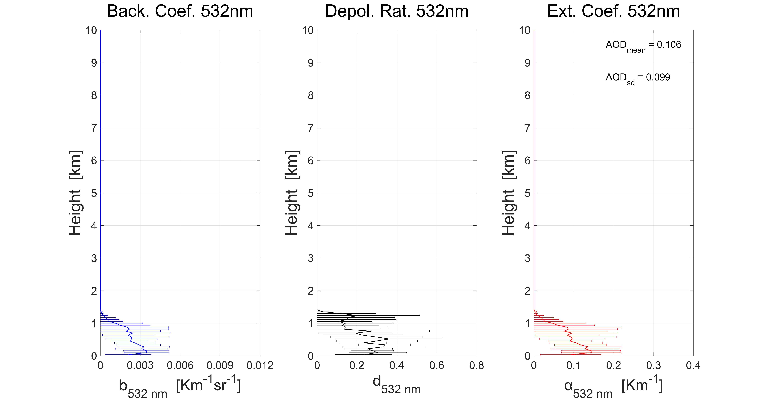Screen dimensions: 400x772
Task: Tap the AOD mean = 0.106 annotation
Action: pos(643,46)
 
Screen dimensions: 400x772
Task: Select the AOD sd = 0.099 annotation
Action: pos(638,78)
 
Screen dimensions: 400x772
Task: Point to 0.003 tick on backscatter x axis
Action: pos(140,365)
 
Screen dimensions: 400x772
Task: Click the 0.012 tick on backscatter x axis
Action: pos(260,365)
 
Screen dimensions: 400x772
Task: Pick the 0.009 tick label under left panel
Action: pos(220,365)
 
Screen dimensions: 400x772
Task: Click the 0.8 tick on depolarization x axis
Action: pos(477,365)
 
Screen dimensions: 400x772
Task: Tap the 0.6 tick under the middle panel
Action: pos(437,365)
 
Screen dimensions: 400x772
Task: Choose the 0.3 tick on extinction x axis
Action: pos(653,365)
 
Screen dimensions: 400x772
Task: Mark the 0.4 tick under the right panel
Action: pos(693,365)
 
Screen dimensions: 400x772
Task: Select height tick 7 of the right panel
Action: pos(527,128)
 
